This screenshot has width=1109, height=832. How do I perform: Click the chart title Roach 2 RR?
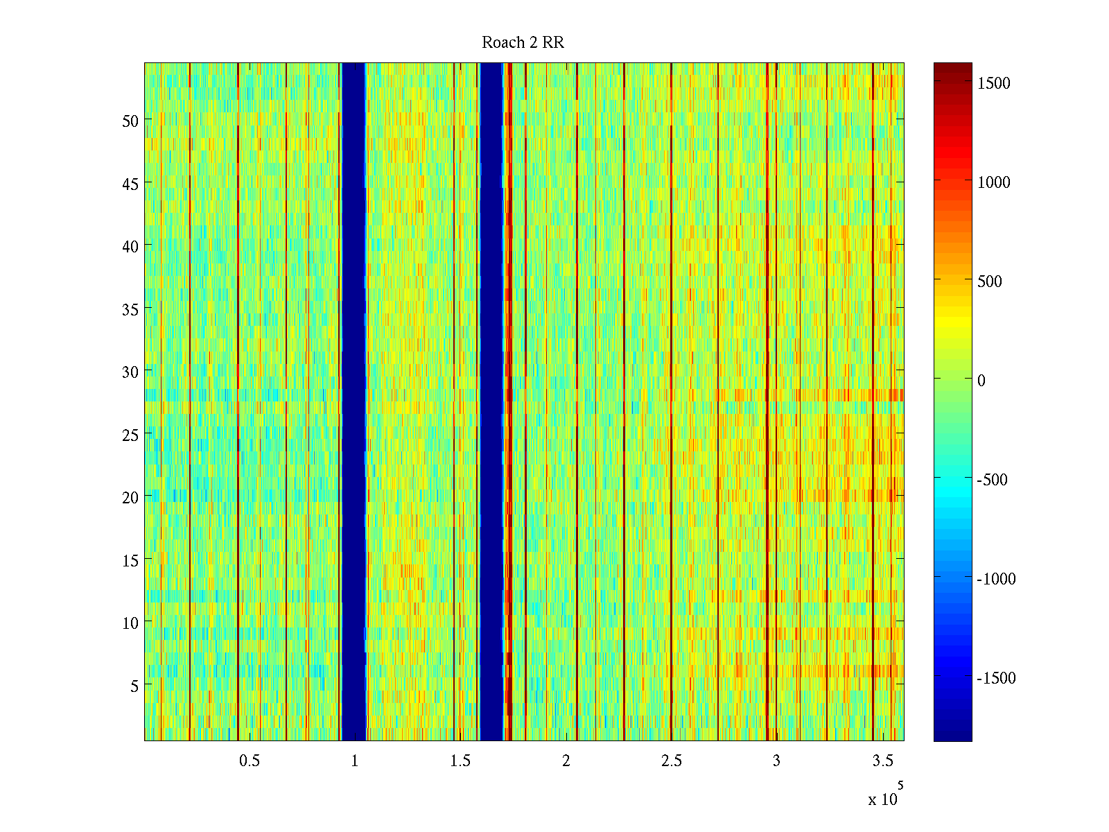click(523, 43)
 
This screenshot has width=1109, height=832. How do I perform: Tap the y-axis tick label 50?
click(130, 121)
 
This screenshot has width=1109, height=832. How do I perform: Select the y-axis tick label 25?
click(130, 435)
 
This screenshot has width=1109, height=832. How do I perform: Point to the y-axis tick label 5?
click(134, 686)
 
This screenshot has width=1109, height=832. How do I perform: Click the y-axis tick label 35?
click(130, 309)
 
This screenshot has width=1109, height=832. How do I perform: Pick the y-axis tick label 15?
click(130, 560)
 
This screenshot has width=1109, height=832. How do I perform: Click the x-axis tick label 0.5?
click(250, 761)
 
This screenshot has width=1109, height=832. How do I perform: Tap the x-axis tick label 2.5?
click(671, 761)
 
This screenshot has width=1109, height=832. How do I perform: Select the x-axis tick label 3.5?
click(882, 761)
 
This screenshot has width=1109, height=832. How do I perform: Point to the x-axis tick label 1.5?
click(460, 761)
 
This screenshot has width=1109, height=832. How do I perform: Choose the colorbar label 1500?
click(994, 83)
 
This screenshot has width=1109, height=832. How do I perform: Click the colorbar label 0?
click(981, 381)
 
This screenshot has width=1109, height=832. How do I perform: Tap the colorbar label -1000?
click(996, 579)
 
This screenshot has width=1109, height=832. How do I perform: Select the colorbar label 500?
click(990, 281)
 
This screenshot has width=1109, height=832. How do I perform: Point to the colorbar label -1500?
click(996, 678)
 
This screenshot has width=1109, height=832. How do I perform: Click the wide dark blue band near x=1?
click(353, 402)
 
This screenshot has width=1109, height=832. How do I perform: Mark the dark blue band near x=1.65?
click(491, 402)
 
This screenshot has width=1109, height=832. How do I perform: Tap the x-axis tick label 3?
click(776, 761)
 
